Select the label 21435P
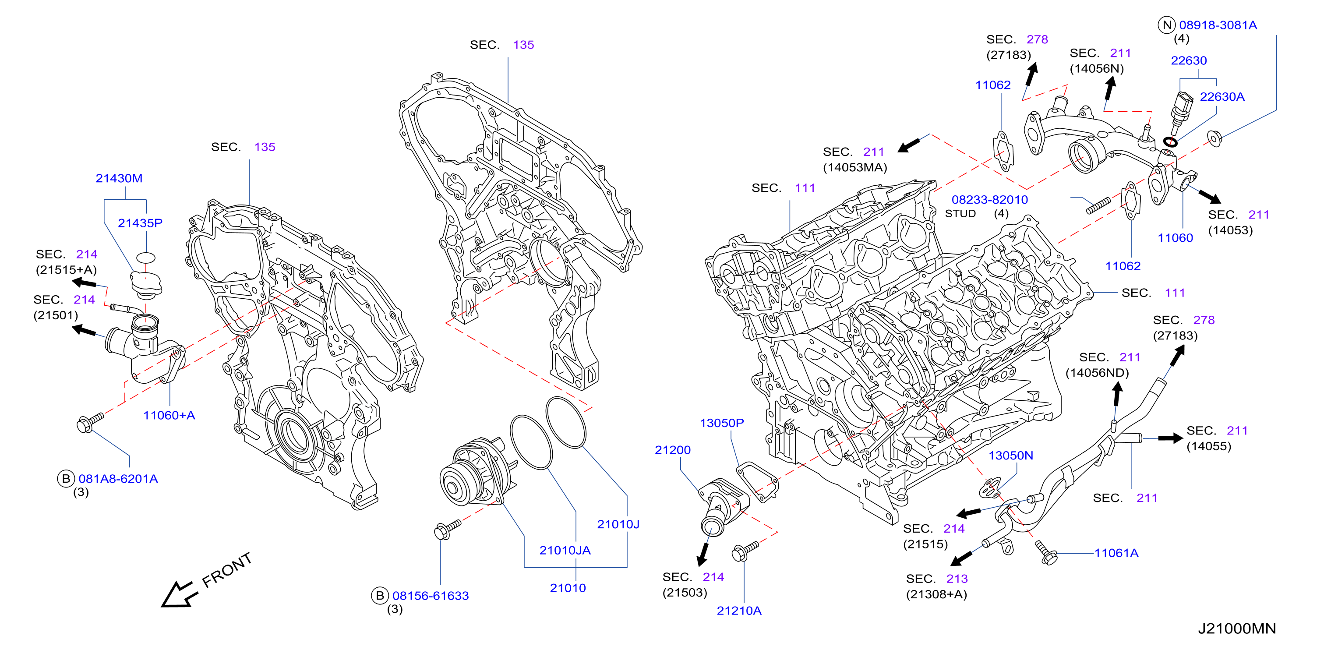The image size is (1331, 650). point(140,223)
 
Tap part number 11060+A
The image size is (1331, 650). point(169,415)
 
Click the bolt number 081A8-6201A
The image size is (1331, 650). point(118,479)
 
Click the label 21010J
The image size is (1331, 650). point(618,524)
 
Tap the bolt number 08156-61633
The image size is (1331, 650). point(431,596)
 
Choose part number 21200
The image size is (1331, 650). point(673,450)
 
